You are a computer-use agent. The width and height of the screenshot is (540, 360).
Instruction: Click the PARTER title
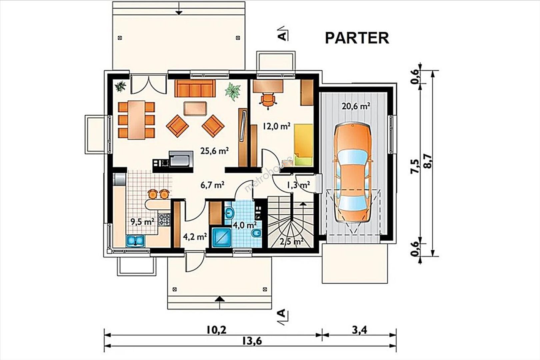(x=357, y=38)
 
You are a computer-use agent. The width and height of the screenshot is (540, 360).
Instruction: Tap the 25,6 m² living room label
(x=215, y=151)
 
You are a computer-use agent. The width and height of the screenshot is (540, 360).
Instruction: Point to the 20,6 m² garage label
(x=356, y=106)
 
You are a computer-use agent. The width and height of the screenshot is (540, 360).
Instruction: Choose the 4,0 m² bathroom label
(x=244, y=225)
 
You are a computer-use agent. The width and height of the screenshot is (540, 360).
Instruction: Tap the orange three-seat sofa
(x=195, y=88)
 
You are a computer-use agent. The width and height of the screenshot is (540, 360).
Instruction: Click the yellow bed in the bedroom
(x=303, y=145)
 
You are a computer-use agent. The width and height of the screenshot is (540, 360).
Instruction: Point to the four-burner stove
(x=164, y=219)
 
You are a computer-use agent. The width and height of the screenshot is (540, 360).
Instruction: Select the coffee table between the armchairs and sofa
(x=195, y=108)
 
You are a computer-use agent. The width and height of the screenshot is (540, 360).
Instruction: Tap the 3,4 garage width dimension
(x=359, y=330)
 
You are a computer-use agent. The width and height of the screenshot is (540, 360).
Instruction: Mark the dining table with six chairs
(x=136, y=120)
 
